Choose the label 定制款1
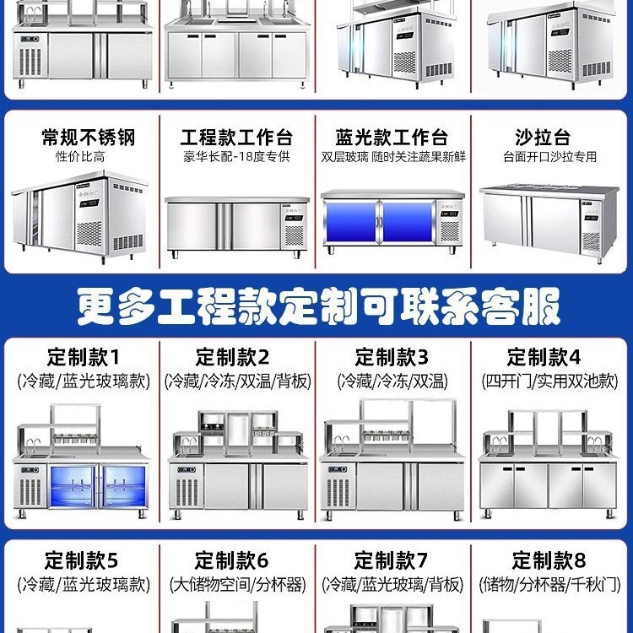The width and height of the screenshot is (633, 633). point(83,357)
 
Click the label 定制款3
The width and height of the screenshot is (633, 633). point(392,357)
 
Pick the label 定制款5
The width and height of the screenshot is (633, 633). point(82,560)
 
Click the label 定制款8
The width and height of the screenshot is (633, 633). point(549,560)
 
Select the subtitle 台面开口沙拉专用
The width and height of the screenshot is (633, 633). point(549,157)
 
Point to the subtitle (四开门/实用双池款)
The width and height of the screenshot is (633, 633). point(549,381)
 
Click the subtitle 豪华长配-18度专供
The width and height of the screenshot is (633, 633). point(236,157)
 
